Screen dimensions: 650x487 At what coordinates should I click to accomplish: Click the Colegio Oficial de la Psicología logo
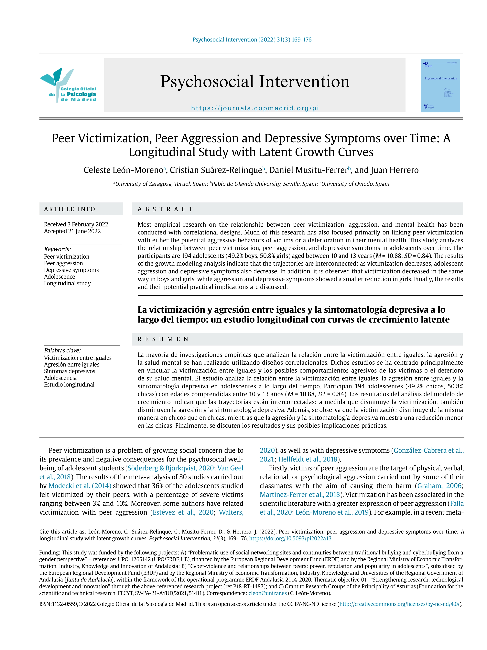point(68,86)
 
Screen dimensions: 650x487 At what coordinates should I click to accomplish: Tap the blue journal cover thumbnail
point(440,86)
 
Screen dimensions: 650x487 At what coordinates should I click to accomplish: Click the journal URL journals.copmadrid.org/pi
point(255,108)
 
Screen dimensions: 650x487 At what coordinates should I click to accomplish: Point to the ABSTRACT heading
point(165,209)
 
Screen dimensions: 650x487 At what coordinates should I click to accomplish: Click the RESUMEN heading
point(163,339)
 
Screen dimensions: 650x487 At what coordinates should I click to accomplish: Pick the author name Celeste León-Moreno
point(124,170)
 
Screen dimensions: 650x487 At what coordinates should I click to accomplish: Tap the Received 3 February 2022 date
point(76,224)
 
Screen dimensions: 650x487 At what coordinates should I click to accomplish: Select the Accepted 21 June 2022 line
point(72,231)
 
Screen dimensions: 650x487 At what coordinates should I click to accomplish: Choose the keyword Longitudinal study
point(67,283)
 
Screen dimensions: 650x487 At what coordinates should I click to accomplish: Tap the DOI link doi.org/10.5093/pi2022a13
point(290,539)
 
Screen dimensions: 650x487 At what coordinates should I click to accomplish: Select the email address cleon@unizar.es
point(267,593)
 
